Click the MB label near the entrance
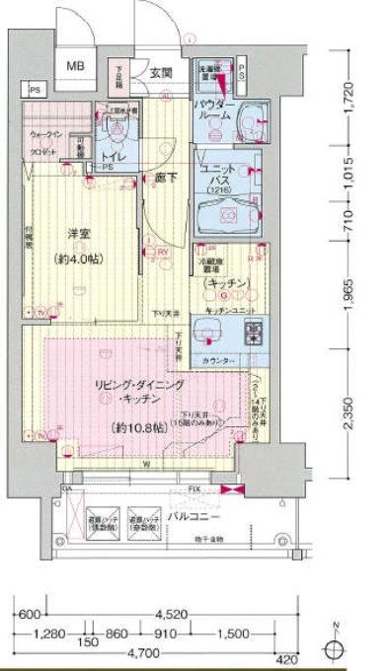[76, 66]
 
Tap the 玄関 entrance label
[162, 72]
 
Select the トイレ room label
[117, 155]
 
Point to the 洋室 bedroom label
[79, 233]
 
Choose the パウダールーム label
[215, 109]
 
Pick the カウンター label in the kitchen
[219, 361]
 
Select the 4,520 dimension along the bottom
[161, 609]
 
